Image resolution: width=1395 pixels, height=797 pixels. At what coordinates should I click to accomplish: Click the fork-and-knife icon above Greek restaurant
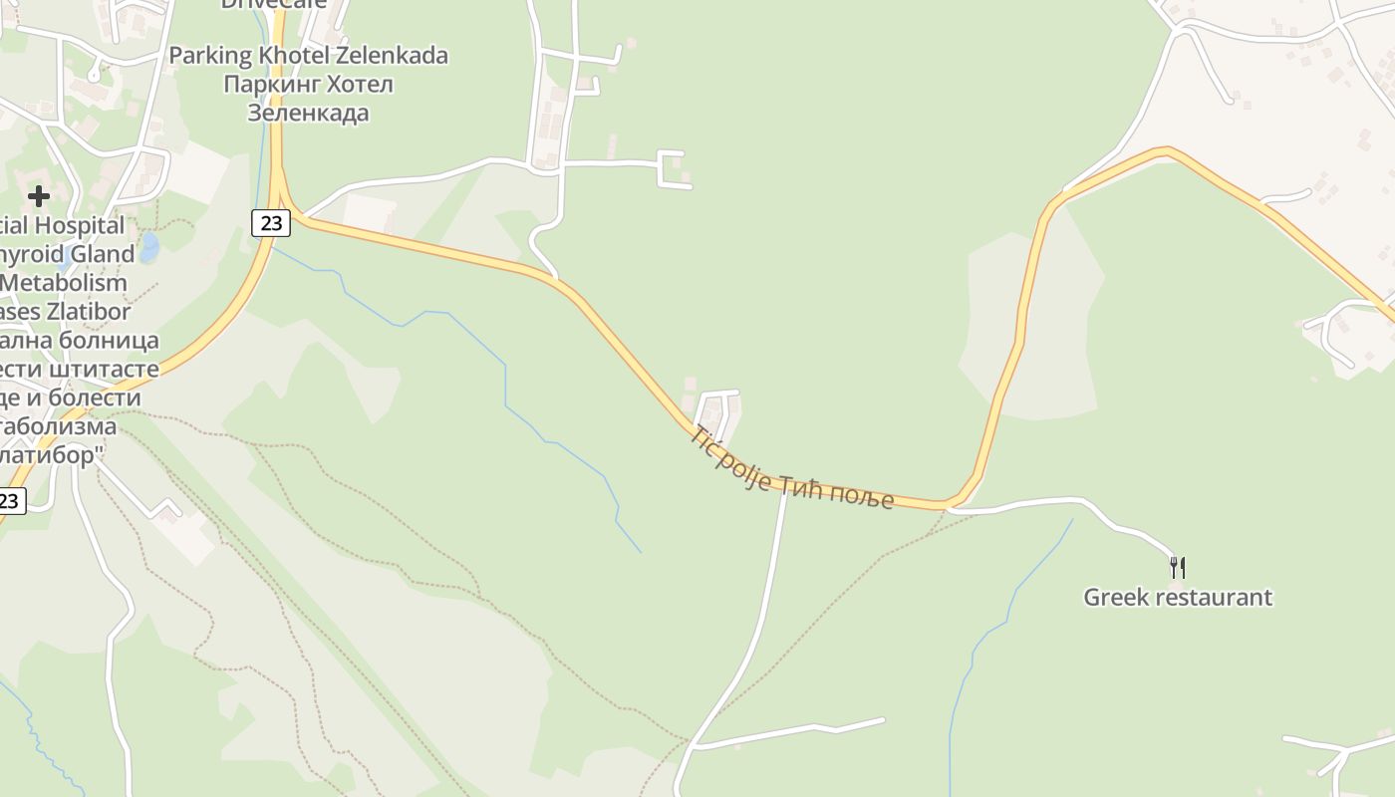[1177, 568]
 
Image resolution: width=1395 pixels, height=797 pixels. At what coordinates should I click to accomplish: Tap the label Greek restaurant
[1177, 598]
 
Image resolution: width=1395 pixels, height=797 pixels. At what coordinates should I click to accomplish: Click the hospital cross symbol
[39, 196]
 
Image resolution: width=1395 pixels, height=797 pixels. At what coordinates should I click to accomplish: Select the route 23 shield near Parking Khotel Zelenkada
[271, 222]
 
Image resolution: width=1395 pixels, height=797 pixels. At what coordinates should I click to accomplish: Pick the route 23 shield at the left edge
[10, 500]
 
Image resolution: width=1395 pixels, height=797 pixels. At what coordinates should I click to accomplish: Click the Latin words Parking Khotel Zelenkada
[308, 56]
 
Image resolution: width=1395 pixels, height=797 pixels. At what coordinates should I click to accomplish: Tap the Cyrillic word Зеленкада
[308, 113]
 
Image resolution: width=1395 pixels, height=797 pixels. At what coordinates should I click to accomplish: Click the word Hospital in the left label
[79, 226]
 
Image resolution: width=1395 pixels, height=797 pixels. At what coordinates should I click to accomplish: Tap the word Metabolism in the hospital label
[64, 283]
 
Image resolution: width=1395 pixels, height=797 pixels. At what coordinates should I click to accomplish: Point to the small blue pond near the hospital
[148, 247]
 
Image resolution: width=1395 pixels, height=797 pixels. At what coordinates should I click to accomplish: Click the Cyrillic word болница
[109, 341]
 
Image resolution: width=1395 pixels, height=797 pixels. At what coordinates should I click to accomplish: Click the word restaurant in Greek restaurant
[1213, 598]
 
